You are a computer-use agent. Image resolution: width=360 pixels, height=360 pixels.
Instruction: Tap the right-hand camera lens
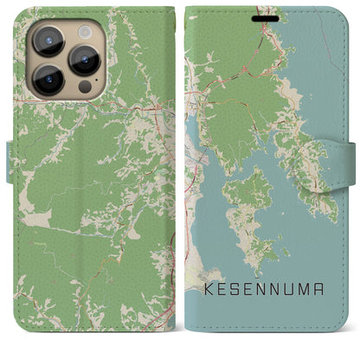point(83,60)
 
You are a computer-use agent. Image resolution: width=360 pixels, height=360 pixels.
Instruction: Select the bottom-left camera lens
point(47,79)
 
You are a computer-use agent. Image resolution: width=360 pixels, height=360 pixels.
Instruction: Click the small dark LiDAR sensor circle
point(84,87)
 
